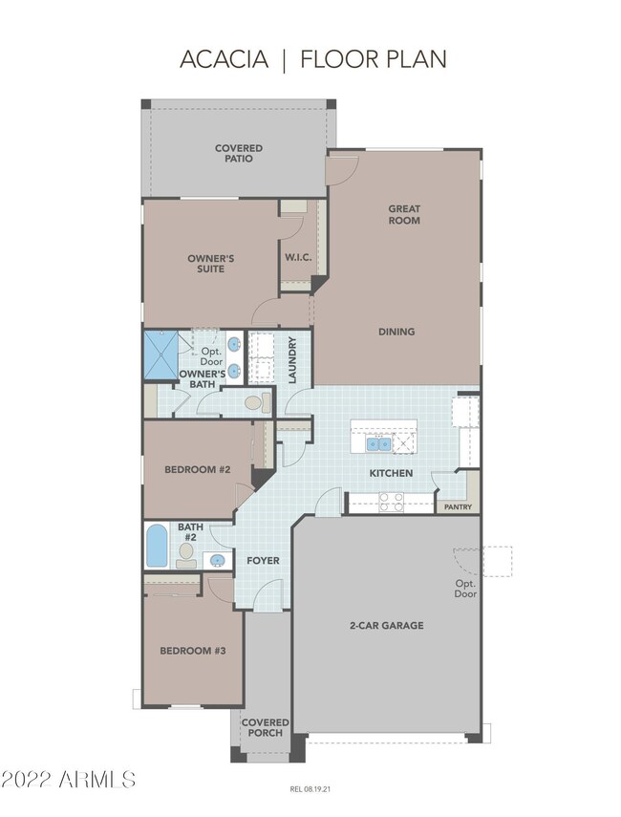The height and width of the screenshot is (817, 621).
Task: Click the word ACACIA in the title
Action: click(224, 59)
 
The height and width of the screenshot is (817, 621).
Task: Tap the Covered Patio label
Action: click(239, 153)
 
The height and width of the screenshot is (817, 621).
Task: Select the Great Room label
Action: click(404, 214)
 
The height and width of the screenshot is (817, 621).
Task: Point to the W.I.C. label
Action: click(298, 257)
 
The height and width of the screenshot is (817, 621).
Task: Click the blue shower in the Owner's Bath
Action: click(161, 355)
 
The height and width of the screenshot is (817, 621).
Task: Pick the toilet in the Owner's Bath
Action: click(258, 402)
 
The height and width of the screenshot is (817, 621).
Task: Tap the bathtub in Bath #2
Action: click(157, 546)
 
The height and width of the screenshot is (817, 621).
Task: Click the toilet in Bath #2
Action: click(186, 555)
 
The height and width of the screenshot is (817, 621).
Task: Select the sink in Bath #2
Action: click(217, 561)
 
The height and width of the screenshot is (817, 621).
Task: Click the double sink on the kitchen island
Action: click(378, 444)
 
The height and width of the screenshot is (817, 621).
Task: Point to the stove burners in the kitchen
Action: click(392, 503)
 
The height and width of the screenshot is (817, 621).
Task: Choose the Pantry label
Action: click(458, 506)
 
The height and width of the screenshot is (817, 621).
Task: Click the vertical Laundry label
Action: click(291, 360)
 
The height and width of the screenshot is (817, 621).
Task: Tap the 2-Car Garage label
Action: click(387, 625)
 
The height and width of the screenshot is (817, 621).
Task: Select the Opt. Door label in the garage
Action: click(465, 589)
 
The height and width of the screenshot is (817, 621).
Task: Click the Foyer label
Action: click(263, 561)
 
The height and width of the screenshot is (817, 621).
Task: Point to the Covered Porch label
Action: click(266, 727)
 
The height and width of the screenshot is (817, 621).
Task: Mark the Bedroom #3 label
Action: click(193, 651)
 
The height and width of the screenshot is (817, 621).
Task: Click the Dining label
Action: click(396, 332)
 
